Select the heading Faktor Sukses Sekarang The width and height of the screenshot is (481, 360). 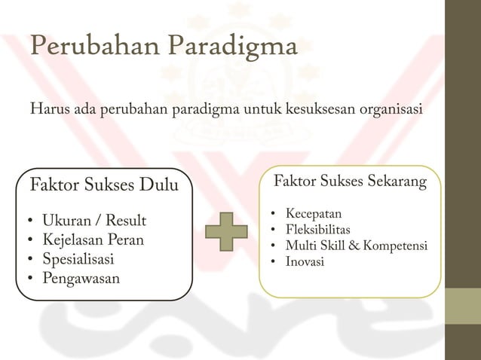click(x=350, y=182)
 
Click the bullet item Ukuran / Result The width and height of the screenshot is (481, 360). click(x=94, y=221)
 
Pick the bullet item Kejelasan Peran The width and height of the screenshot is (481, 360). click(x=93, y=241)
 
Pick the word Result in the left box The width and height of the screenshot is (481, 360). click(x=127, y=221)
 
